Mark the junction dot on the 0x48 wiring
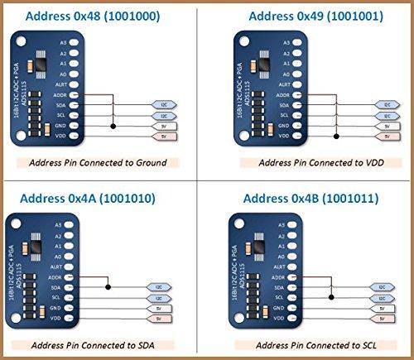pos(113,126)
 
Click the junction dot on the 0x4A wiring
pos(114,286)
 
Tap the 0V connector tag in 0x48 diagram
pos(163,126)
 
